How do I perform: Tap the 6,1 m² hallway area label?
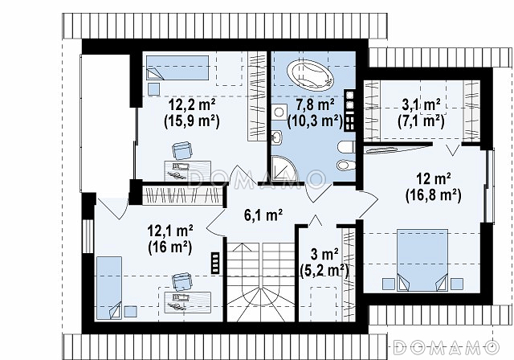(x=263, y=215)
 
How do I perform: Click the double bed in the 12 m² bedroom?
(x=422, y=260)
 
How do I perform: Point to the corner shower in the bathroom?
(x=284, y=169)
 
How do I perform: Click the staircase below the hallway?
(x=261, y=282)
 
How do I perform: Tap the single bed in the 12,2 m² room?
(x=177, y=67)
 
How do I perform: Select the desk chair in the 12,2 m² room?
(x=182, y=150)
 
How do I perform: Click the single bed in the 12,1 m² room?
(x=109, y=288)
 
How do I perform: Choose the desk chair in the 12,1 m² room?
(x=182, y=281)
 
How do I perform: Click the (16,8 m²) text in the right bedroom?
(x=433, y=196)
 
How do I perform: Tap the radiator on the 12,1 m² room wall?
(x=215, y=262)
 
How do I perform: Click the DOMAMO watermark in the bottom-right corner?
(x=447, y=347)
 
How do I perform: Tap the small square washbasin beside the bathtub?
(x=279, y=112)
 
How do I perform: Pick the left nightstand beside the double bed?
(x=389, y=284)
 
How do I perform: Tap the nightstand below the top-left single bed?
(x=153, y=89)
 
